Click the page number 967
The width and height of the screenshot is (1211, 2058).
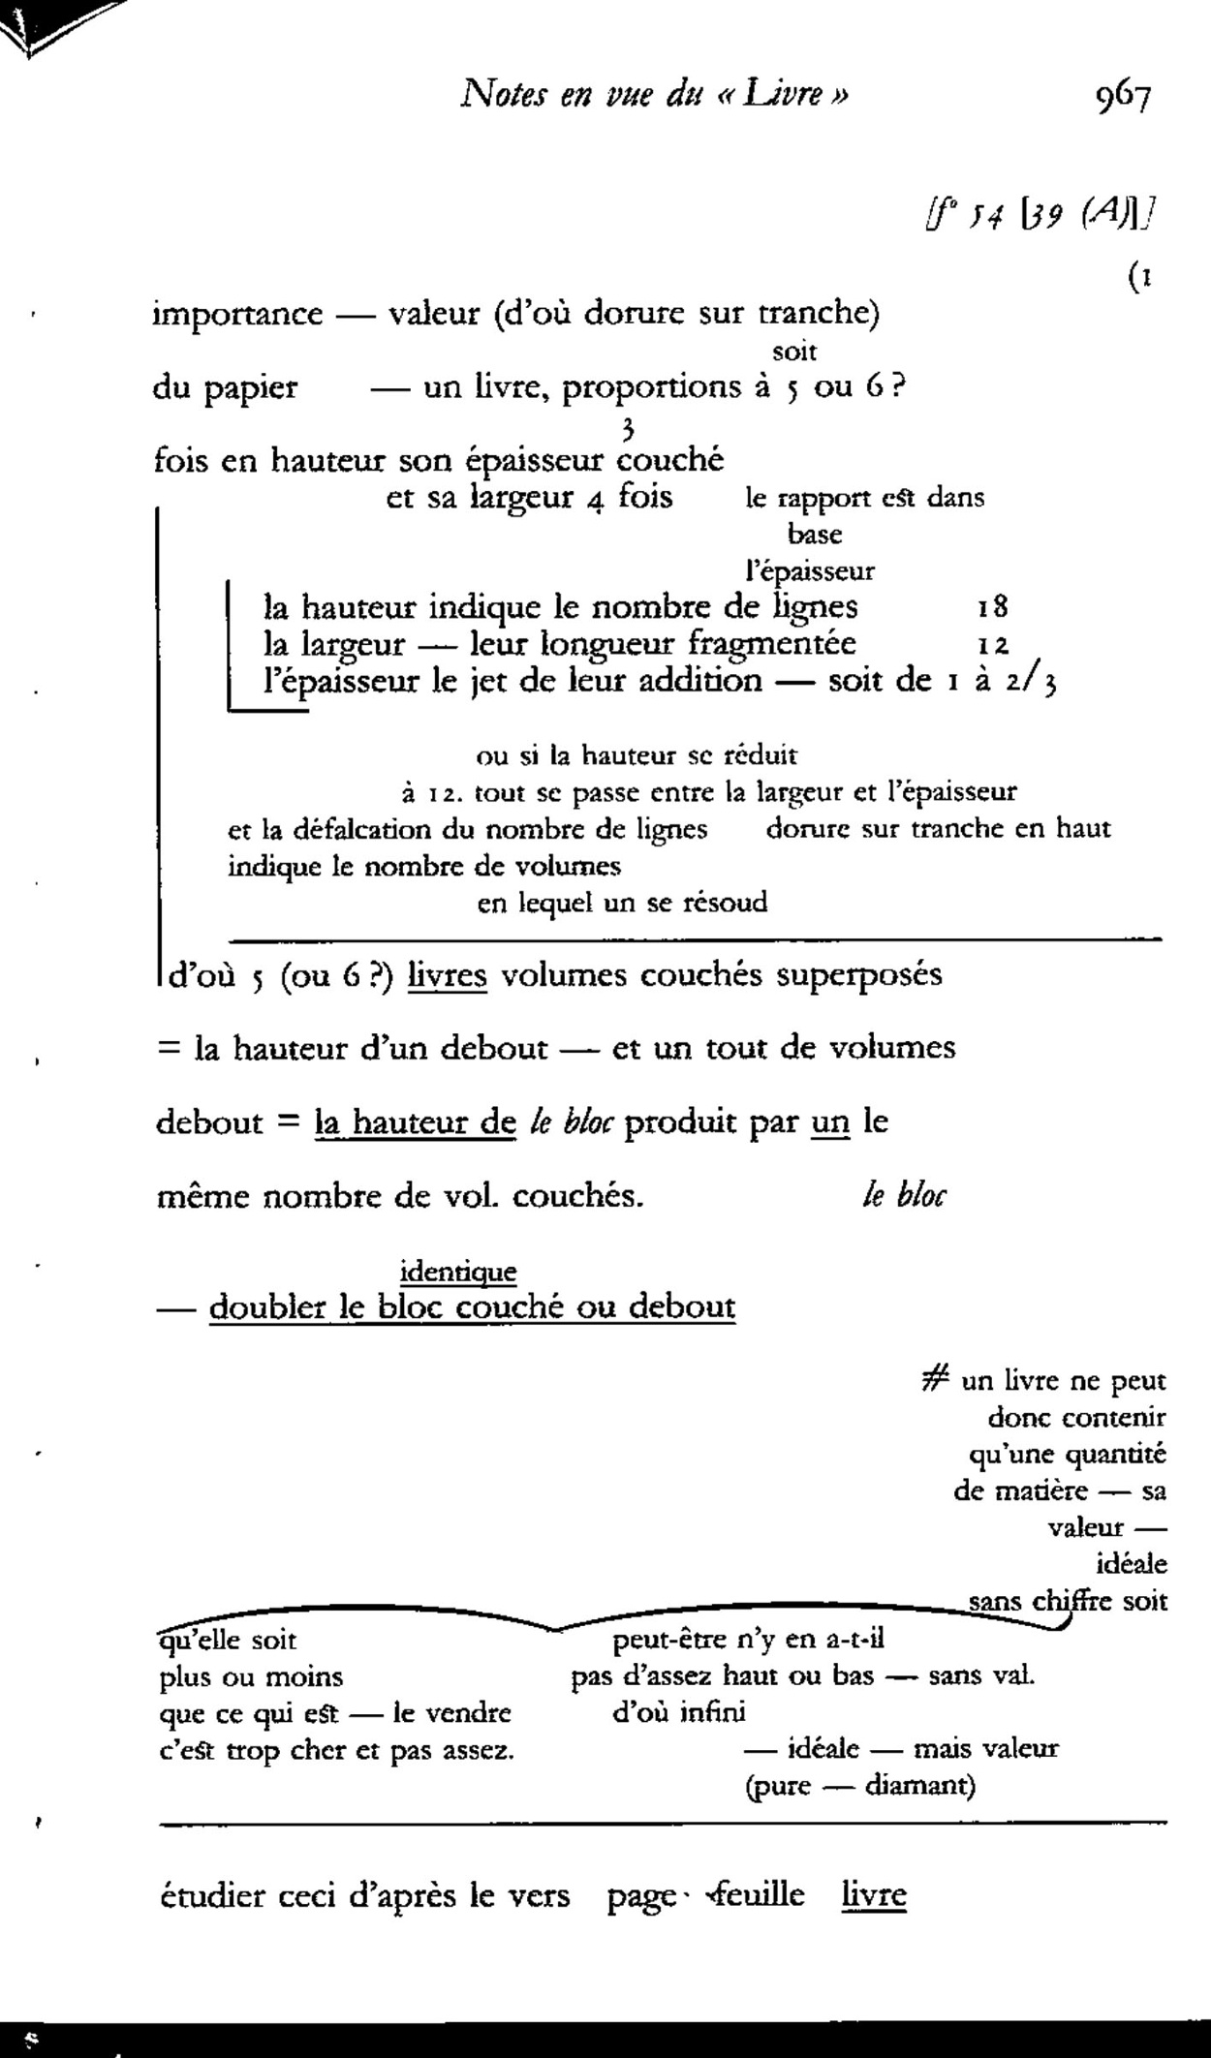1123,97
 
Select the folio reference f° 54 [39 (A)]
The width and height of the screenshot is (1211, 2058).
1041,210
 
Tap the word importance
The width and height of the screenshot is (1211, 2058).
237,314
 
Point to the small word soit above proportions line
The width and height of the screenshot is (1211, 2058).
794,351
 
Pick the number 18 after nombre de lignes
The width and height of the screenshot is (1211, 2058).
993,607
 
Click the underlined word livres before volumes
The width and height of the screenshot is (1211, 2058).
447,974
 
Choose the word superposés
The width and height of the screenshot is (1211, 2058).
858,974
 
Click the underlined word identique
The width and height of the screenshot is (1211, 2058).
458,1271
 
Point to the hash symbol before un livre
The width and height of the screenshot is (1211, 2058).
936,1380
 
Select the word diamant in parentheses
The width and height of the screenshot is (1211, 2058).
915,1785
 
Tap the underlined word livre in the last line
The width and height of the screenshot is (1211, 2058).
873,1894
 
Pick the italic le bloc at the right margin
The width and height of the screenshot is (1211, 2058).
904,1197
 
